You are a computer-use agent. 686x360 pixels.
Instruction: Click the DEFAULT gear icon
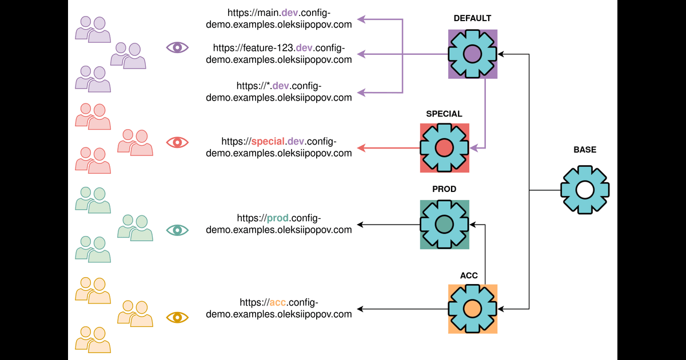472,54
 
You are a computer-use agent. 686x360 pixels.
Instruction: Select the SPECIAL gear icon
444,148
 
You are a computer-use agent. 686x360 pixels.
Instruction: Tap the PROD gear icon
444,224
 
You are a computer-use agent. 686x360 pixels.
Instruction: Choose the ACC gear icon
472,309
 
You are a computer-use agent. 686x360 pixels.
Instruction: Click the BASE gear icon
584,190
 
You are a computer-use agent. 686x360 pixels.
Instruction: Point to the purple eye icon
177,47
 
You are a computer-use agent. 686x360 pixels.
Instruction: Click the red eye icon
177,142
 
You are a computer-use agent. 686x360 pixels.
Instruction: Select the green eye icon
177,230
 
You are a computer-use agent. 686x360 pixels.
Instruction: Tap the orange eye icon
177,317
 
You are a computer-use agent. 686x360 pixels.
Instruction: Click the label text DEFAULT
472,19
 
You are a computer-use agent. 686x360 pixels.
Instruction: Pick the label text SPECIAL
444,114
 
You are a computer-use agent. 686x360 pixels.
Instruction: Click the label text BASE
584,150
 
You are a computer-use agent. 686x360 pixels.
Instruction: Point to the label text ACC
469,275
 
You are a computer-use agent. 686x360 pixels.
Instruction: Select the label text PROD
444,189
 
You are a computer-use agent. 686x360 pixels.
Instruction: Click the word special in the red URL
268,141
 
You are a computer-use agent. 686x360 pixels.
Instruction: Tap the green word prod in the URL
278,218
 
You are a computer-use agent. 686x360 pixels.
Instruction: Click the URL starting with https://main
279,17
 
